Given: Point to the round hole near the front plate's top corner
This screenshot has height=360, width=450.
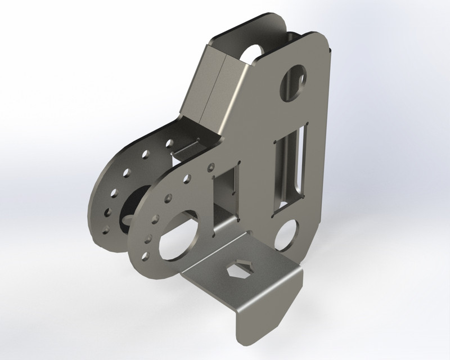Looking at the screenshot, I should pos(293,82).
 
